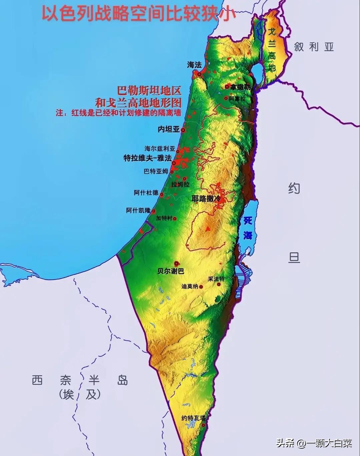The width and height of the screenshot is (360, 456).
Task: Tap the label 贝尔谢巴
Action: click(x=171, y=271)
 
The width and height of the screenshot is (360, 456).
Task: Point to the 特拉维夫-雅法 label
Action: click(x=147, y=158)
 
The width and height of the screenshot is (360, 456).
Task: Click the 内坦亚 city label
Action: click(x=169, y=129)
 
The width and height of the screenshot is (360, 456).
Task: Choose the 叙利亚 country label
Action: click(x=314, y=47)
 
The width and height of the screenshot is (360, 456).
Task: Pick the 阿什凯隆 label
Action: click(x=138, y=210)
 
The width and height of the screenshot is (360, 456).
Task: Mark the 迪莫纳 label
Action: click(x=190, y=286)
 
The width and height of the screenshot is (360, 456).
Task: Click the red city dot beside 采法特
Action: click(x=219, y=285)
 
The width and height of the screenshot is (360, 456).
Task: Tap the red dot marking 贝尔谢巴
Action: click(x=176, y=263)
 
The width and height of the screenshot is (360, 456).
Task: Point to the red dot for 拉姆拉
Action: click(x=184, y=179)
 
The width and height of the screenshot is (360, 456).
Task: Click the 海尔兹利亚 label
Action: click(x=160, y=148)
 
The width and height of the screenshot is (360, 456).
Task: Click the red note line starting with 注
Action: click(x=118, y=113)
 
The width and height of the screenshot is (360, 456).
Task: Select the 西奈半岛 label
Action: click(x=80, y=380)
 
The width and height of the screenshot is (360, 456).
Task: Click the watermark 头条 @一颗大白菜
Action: click(x=314, y=443)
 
